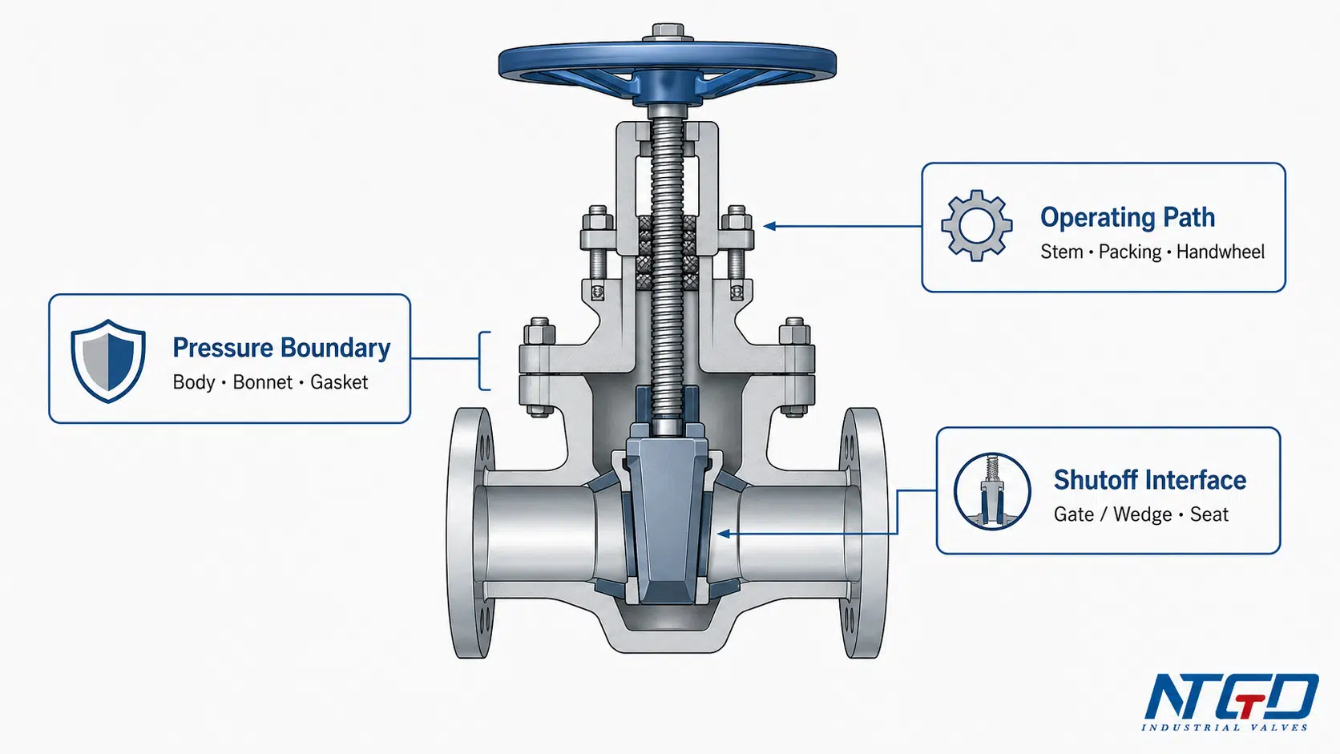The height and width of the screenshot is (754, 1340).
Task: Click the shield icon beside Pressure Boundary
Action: [107, 361]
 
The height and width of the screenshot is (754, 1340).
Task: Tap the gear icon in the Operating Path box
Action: [976, 225]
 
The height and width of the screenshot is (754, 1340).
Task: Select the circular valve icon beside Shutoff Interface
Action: [992, 491]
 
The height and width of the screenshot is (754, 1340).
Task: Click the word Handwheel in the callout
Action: [1221, 252]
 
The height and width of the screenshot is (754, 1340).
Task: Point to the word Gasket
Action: [338, 382]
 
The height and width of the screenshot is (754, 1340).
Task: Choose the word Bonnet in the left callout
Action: [263, 382]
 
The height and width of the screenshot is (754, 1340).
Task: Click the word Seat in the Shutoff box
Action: [1209, 514]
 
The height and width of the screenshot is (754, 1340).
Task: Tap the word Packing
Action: [1129, 252]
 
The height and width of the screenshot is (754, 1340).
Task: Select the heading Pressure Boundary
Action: [281, 348]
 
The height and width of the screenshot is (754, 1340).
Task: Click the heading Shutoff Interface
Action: [1150, 479]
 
